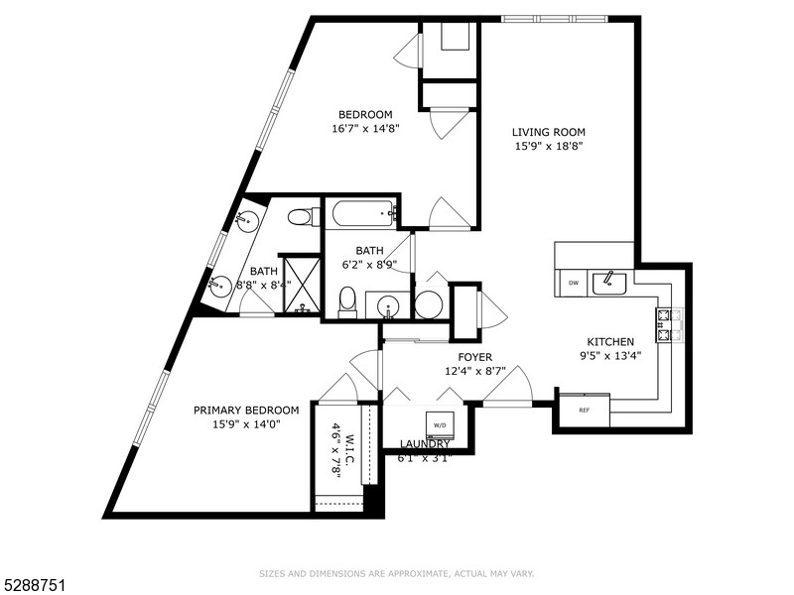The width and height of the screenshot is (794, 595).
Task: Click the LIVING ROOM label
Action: [548, 132]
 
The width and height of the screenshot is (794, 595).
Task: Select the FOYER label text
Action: [474, 357]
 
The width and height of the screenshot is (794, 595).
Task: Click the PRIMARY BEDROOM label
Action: [246, 411]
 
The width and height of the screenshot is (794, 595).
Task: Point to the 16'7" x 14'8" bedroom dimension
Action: [366, 128]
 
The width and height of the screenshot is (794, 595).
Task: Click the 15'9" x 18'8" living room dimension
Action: [548, 146]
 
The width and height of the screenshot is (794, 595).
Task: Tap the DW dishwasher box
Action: [573, 284]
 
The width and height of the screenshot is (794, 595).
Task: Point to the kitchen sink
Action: [608, 284]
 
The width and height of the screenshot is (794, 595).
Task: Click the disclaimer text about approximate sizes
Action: [396, 573]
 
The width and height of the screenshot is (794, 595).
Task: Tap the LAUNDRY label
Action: [425, 443]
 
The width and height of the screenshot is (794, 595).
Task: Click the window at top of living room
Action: [553, 18]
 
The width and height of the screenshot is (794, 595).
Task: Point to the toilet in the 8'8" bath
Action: [302, 216]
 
